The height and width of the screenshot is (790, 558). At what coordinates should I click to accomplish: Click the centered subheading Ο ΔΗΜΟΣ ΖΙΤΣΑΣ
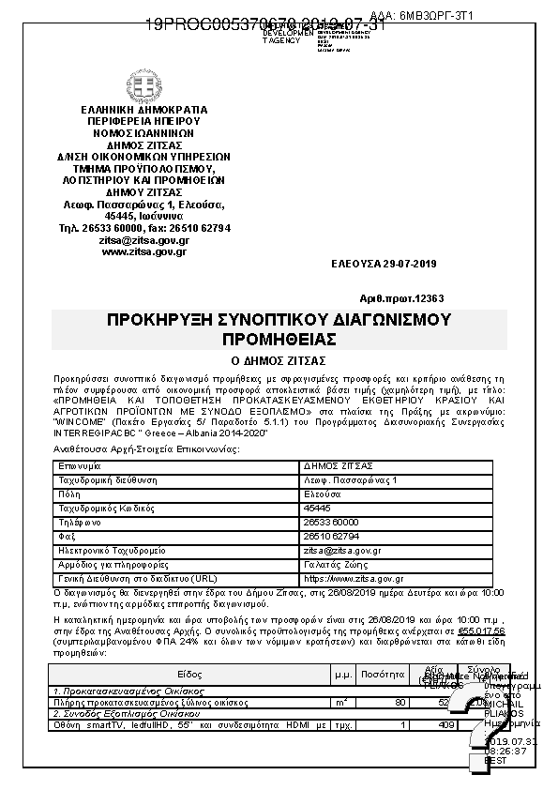[x=279, y=359]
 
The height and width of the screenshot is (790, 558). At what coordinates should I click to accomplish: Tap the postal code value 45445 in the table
[x=318, y=508]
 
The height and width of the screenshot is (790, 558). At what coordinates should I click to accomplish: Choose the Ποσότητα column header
[x=382, y=675]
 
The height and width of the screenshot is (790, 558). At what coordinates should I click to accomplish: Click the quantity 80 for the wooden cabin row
[x=400, y=702]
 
